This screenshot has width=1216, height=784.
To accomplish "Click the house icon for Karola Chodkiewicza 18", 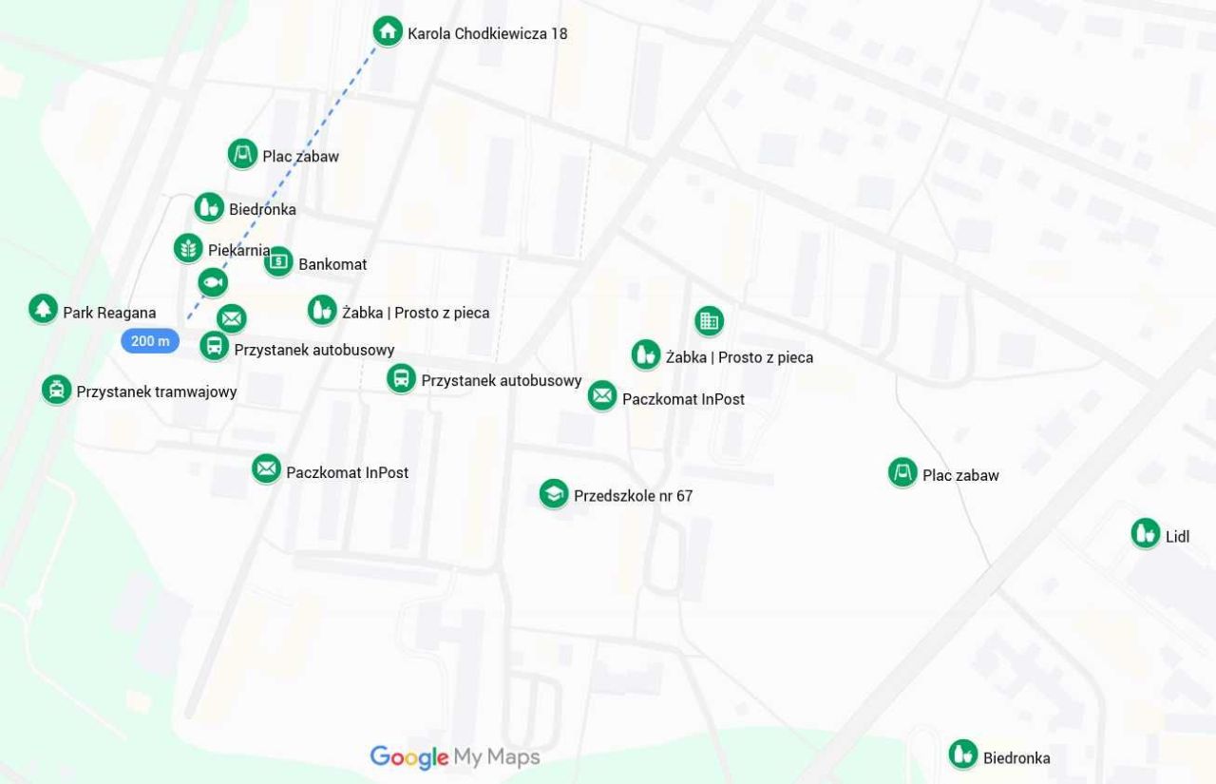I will coord(387,31).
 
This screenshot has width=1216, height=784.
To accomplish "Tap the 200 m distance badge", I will coord(150,340).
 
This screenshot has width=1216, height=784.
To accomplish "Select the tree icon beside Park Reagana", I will coord(43,308).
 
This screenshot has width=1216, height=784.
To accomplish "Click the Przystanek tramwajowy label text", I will coord(157,392).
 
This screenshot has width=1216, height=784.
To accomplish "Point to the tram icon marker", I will coord(57,389).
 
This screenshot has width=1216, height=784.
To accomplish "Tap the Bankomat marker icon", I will coord(278,261).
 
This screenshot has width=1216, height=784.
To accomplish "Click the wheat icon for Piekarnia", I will coord(189,248).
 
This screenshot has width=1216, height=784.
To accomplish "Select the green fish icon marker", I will coord(213,282).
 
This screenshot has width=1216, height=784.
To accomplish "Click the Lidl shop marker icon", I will coord(1146,533).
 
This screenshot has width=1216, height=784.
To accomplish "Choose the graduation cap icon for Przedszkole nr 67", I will coord(554,493).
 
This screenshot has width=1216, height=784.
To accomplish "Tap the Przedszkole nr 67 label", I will coord(633,496).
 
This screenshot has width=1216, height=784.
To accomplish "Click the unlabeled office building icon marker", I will coord(709,321).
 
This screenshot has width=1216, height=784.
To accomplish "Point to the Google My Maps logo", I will coord(455,757).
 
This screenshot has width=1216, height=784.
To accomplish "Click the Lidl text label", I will coord(1177,537).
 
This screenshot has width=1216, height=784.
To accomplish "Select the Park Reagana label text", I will coord(109,313).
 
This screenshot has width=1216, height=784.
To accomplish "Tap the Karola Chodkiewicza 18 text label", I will coord(487,34).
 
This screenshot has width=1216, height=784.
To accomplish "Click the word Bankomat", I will coord(332,264).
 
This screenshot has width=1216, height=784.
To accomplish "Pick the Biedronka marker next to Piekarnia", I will coord(209,207).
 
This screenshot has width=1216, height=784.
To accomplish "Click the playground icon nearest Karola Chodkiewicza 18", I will coord(242,154).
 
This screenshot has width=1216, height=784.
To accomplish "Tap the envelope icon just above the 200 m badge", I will coord(232,318).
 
